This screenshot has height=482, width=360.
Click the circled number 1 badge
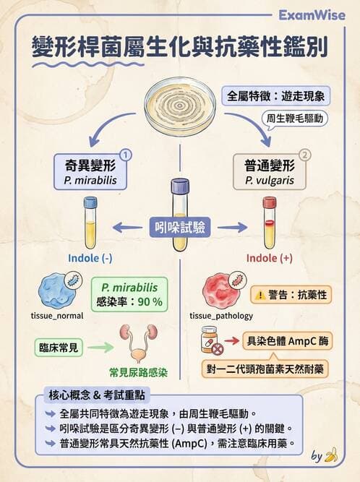tap(124, 154)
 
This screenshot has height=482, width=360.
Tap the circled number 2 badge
tap(304, 154)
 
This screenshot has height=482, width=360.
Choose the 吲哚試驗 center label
tap(180, 227)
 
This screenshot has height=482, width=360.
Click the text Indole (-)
tap(90, 258)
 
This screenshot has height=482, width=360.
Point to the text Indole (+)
tap(270, 258)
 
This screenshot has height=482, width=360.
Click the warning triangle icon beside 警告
tap(258, 295)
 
